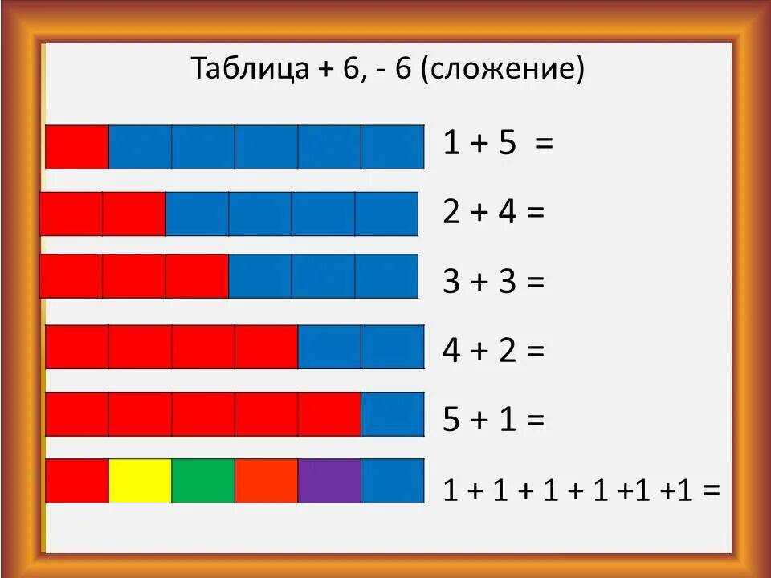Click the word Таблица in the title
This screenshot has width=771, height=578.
244,70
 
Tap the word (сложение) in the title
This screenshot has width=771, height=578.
502,71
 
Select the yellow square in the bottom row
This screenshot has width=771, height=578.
140,481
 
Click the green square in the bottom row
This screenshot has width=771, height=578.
203,481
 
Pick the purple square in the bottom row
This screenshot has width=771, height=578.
329,481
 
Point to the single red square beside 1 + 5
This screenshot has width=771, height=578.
77,147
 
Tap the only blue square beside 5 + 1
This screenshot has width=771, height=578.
392,414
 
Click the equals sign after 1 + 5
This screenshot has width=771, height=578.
545,144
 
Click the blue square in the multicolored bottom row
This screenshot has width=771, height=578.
392,481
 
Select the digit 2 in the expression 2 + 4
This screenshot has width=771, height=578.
452,214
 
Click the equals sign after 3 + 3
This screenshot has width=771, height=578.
535,283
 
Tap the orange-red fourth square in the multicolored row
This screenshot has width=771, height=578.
266,481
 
